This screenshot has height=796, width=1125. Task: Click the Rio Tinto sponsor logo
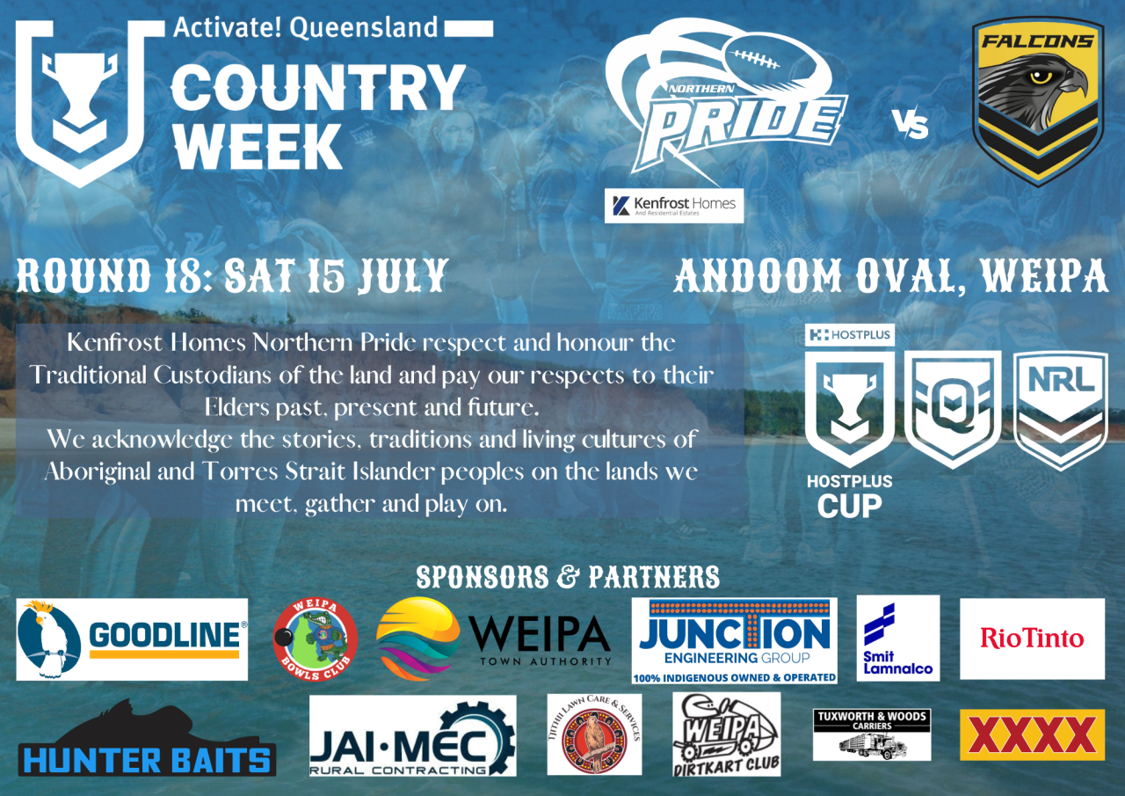(x=1032, y=639)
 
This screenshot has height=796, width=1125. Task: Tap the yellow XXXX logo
(x=1032, y=734)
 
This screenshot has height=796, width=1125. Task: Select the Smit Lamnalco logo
(x=897, y=638)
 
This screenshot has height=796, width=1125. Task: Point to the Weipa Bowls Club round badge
(x=316, y=639)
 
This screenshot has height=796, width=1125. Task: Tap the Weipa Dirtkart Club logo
(x=726, y=734)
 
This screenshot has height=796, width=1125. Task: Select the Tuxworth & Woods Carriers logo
(x=872, y=734)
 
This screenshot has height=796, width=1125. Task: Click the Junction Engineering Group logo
(x=734, y=639)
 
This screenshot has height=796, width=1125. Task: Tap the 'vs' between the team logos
(x=911, y=127)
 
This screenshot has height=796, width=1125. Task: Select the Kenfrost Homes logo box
(x=674, y=206)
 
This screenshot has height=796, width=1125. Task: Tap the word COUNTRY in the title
(x=317, y=88)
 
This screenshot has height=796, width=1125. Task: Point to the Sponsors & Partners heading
(x=568, y=577)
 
